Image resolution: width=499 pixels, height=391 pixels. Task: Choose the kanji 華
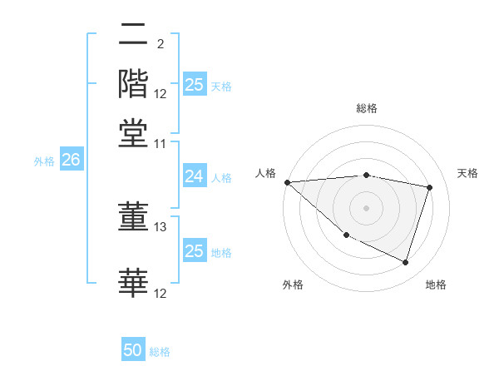point(133,281)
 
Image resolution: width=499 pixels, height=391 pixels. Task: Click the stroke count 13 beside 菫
point(161,226)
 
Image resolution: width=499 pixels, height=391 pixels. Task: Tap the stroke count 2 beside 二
point(160,44)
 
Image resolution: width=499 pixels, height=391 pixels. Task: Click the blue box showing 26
point(71,161)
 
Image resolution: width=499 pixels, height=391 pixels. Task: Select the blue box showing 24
point(194,176)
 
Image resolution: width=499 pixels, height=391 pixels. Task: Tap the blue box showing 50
point(133,351)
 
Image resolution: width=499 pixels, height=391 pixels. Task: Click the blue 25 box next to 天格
point(195,85)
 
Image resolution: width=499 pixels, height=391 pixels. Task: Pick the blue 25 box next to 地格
point(194,251)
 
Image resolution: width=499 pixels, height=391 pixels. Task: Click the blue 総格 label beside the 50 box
point(160,352)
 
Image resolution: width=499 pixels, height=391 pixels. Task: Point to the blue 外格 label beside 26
point(44,161)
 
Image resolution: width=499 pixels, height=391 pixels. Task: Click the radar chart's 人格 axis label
point(266,173)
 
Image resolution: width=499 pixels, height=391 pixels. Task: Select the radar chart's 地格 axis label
point(436,285)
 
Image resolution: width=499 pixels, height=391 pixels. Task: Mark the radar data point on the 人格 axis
point(287,182)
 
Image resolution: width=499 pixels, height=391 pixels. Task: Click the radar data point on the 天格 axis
point(430,187)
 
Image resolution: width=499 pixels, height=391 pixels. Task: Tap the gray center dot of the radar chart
point(366,207)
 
